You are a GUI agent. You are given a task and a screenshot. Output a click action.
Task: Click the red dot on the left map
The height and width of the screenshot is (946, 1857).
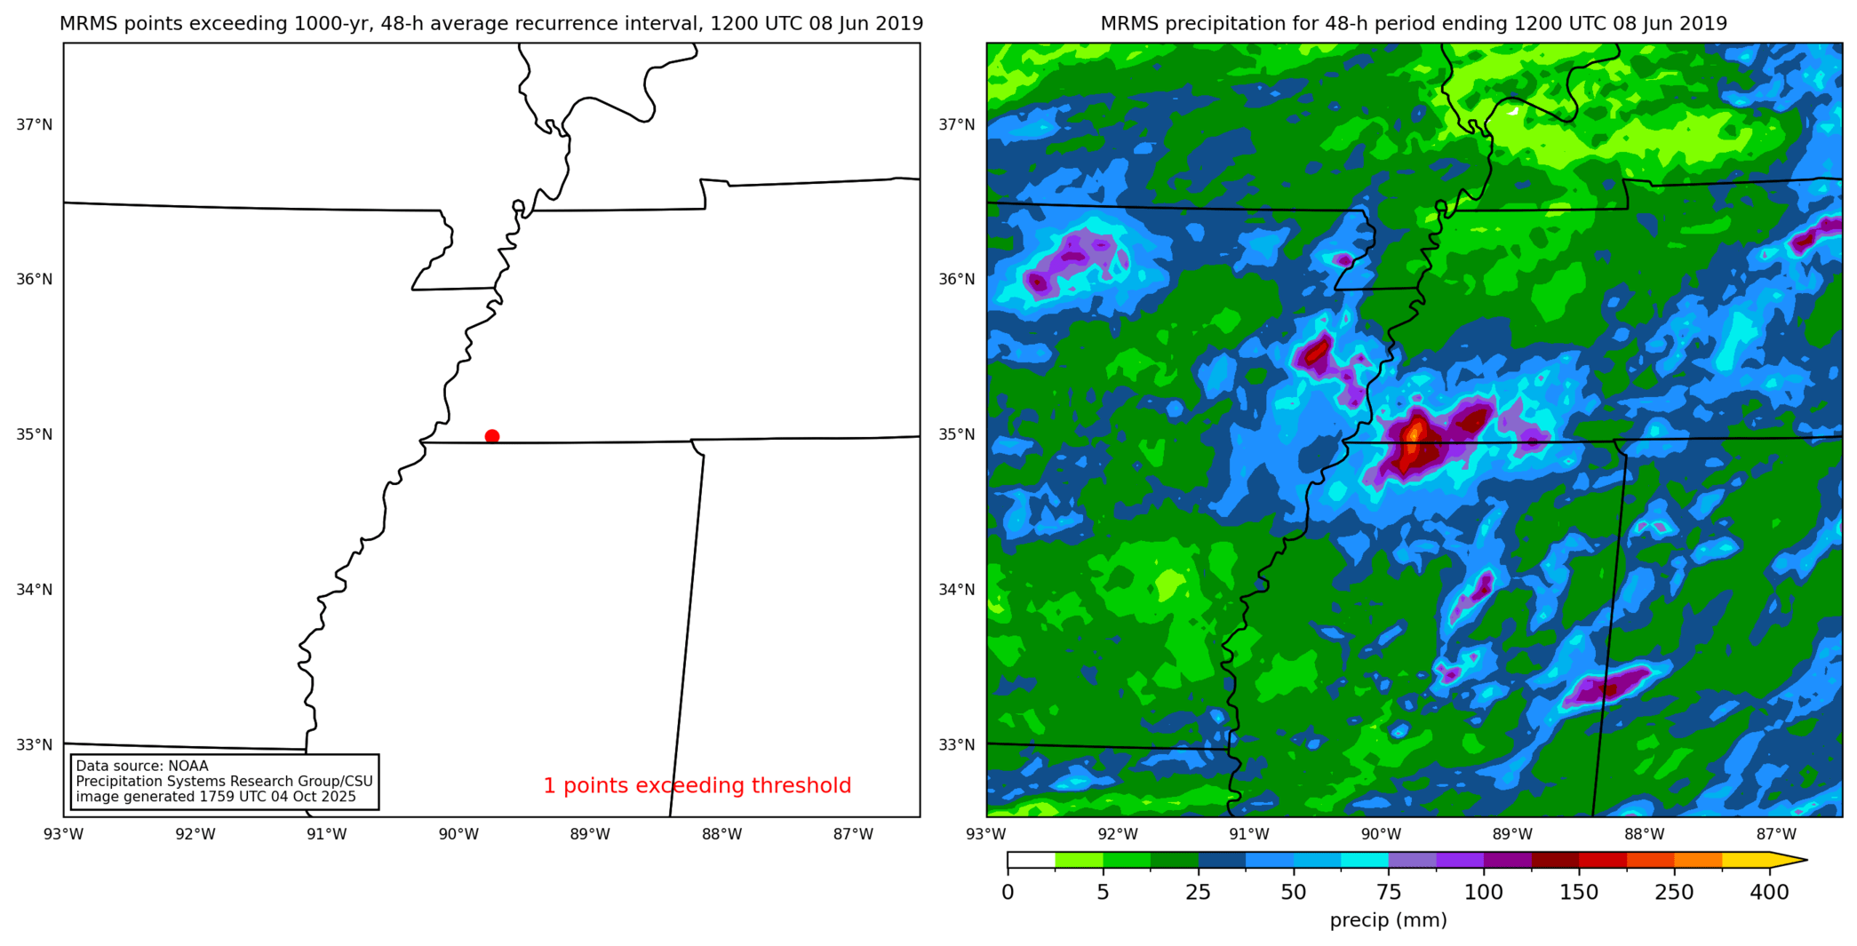tap(492, 436)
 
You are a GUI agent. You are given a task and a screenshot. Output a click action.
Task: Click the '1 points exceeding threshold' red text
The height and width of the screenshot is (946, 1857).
tap(697, 785)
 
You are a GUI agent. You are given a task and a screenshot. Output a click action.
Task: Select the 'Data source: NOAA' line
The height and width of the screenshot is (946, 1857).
tap(142, 766)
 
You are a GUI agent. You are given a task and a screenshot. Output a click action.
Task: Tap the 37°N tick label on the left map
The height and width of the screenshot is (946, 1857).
tap(35, 124)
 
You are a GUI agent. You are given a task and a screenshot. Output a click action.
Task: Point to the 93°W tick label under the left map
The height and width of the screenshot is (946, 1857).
tap(63, 834)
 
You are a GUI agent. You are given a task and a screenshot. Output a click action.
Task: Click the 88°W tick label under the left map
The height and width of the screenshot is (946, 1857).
tap(721, 834)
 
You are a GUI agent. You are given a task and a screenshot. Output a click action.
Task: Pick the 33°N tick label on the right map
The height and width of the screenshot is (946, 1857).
tap(957, 744)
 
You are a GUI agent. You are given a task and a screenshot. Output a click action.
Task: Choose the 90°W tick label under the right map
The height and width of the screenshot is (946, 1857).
tap(1381, 834)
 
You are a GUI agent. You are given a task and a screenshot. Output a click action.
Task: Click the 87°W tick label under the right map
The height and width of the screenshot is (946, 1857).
tap(1776, 834)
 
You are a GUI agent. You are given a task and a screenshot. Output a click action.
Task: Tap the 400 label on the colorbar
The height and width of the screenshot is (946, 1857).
tap(1769, 892)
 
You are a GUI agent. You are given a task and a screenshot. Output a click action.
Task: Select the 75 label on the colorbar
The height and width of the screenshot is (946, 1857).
tap(1389, 892)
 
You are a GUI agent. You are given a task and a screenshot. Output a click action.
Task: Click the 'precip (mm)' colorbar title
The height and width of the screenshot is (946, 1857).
tap(1388, 920)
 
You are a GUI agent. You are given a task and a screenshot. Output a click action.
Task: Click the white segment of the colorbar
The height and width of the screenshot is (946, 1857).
tap(1031, 860)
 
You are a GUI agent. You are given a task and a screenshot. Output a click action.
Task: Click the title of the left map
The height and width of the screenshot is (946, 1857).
tap(491, 24)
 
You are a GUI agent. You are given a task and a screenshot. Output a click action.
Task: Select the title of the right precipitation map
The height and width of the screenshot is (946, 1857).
tap(1414, 24)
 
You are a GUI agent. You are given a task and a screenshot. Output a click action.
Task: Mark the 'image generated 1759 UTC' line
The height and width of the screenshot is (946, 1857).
tap(216, 797)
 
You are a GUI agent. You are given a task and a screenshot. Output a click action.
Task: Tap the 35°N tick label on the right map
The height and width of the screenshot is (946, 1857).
tap(957, 434)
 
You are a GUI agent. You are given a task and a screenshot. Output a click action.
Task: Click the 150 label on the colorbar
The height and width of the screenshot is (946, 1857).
tap(1579, 892)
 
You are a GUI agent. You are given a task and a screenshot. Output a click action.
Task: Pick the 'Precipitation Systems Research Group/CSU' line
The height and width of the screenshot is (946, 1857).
tap(224, 782)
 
